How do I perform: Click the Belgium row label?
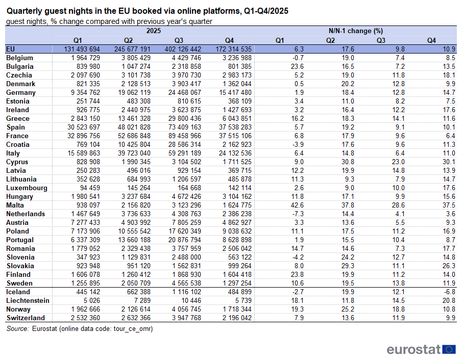[x=19, y=58]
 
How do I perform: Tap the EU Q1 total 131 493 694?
[x=78, y=49]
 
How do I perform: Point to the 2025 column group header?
[x=154, y=31]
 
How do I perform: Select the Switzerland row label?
[x=25, y=318]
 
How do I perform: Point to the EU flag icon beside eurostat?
[x=449, y=349]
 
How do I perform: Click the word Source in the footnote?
[x=18, y=329]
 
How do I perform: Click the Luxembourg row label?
[x=27, y=188]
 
